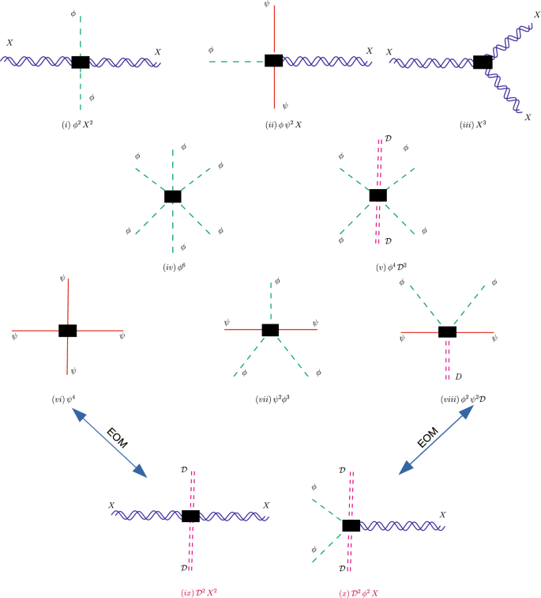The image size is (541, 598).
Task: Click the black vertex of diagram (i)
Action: [x=80, y=62]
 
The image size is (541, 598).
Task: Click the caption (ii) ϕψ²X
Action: [x=273, y=124]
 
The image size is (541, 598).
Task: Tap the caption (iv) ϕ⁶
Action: [x=172, y=267]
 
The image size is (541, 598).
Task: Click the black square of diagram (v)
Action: [x=378, y=195]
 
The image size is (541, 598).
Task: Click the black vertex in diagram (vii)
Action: [x=271, y=330]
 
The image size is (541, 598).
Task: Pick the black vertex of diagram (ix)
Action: [x=190, y=516]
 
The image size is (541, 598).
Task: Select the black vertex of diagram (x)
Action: [x=351, y=524]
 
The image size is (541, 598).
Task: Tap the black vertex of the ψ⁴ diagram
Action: [x=68, y=331]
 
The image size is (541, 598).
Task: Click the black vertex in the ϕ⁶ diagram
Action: [x=172, y=196]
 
